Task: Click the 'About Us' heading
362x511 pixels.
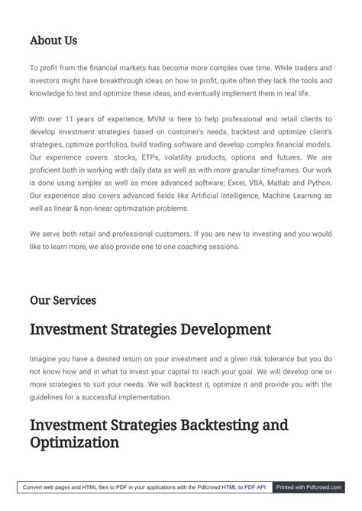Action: tap(53, 40)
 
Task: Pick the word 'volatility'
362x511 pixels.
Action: tap(188, 157)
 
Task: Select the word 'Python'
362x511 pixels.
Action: tap(315, 183)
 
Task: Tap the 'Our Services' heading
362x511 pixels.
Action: tap(63, 300)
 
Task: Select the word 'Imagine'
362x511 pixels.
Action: tap(44, 358)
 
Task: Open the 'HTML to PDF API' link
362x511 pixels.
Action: tap(244, 487)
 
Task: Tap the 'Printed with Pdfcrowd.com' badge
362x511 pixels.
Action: tap(309, 487)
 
